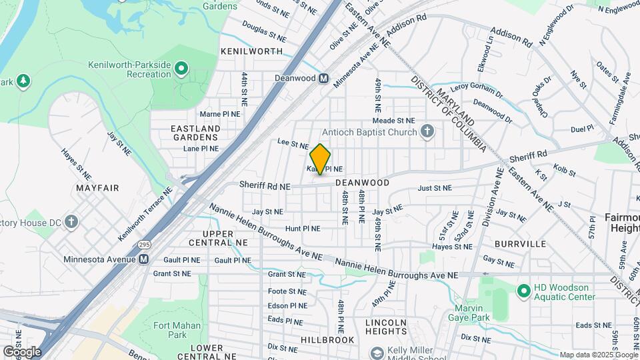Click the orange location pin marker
(x=320, y=159)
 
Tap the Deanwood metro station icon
(x=324, y=79)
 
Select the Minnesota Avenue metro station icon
(x=144, y=259)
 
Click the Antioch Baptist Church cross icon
(x=427, y=131)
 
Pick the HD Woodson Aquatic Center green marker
(x=524, y=290)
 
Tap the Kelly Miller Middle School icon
(x=377, y=353)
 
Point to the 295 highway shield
(x=145, y=245)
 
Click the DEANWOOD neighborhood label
(x=362, y=182)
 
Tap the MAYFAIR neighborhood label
(x=97, y=188)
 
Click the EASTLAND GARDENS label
(x=195, y=132)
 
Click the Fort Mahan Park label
(x=170, y=329)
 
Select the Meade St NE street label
(x=393, y=121)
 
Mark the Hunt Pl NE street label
(x=303, y=228)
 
